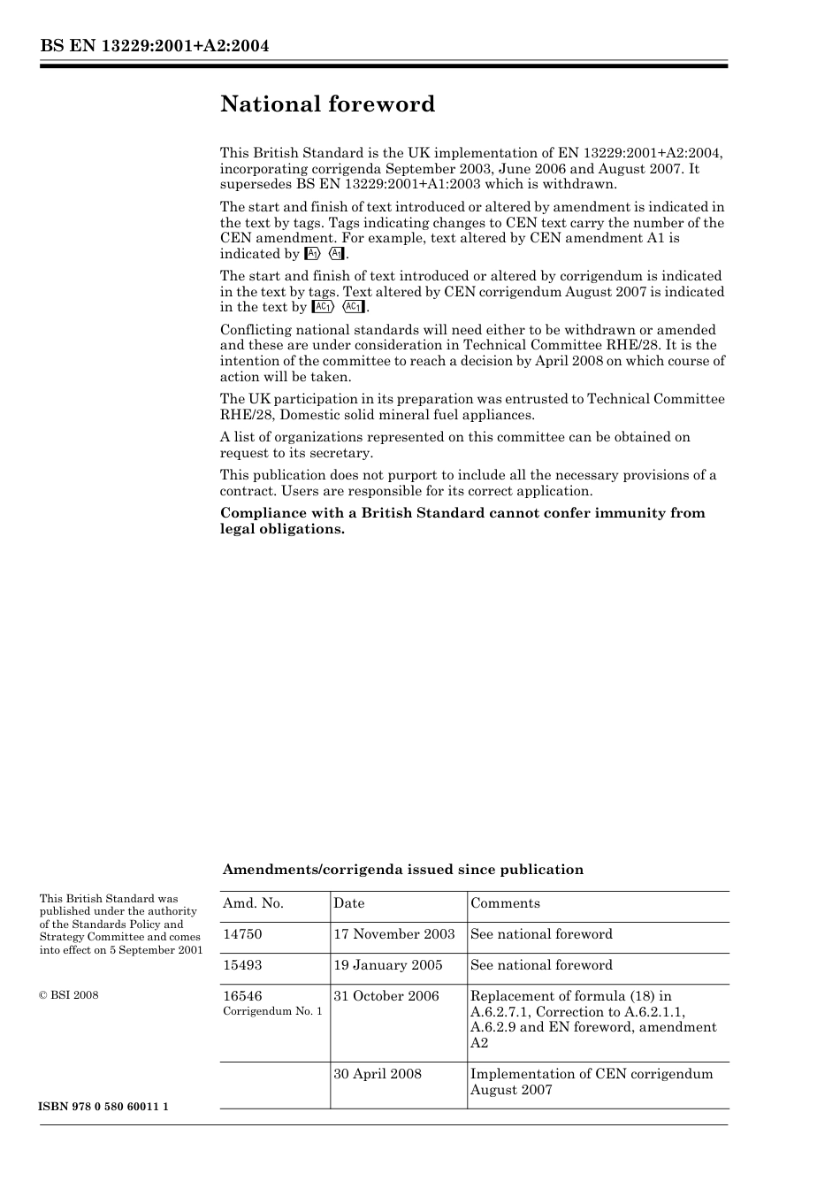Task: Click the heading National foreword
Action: (x=327, y=104)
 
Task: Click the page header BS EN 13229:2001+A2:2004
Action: (x=154, y=46)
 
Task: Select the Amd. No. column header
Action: (x=253, y=903)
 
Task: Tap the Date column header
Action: (x=348, y=903)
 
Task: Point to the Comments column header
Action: (x=505, y=903)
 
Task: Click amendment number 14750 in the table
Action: (x=242, y=934)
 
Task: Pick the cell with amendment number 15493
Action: (x=242, y=965)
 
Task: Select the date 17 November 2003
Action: (x=393, y=934)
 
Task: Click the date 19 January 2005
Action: (x=387, y=965)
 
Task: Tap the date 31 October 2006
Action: (x=386, y=996)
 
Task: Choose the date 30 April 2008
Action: (x=378, y=1074)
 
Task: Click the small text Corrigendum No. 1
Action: (x=272, y=1011)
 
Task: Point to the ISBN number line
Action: (x=104, y=1107)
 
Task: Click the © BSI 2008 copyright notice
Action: (x=69, y=995)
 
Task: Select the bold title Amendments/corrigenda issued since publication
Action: (x=402, y=870)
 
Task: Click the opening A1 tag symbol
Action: (x=310, y=254)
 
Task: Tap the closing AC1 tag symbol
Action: (x=353, y=307)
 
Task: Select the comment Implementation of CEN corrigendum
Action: (x=591, y=1074)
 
